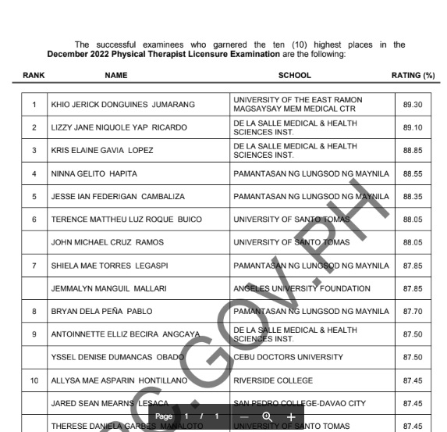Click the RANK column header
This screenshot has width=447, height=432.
click(x=34, y=76)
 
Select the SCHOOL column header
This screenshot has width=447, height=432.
click(x=294, y=76)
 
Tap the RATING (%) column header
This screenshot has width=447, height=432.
click(x=413, y=76)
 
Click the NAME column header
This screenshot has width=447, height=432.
click(x=115, y=76)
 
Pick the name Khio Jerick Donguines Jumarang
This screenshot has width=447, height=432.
click(x=122, y=105)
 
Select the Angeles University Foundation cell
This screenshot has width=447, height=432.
click(x=301, y=289)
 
